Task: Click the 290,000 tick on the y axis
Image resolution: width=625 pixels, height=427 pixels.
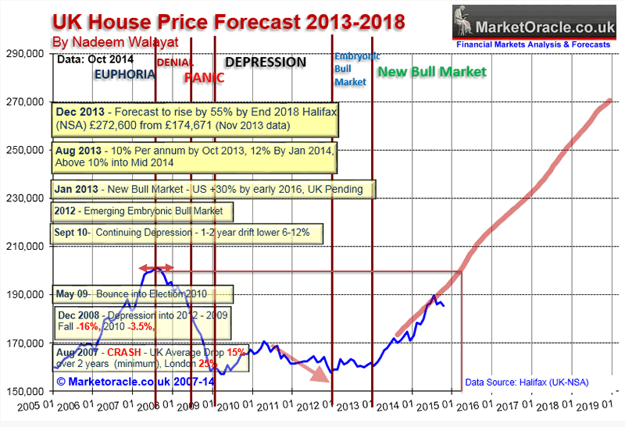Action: pos(26,54)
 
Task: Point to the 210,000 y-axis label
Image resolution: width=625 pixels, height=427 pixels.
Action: pos(26,246)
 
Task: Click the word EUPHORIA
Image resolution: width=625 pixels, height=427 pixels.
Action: pos(123,74)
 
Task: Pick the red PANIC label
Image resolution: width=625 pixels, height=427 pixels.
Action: pos(204,77)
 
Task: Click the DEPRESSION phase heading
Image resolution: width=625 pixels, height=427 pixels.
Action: pos(266,62)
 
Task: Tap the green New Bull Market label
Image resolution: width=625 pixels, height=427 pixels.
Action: pos(431,72)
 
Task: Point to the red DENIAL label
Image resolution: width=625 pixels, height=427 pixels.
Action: pos(176,62)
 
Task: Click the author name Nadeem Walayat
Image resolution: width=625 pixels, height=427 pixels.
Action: pos(105,41)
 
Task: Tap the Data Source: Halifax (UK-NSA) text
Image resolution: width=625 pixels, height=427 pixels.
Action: pos(526,382)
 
